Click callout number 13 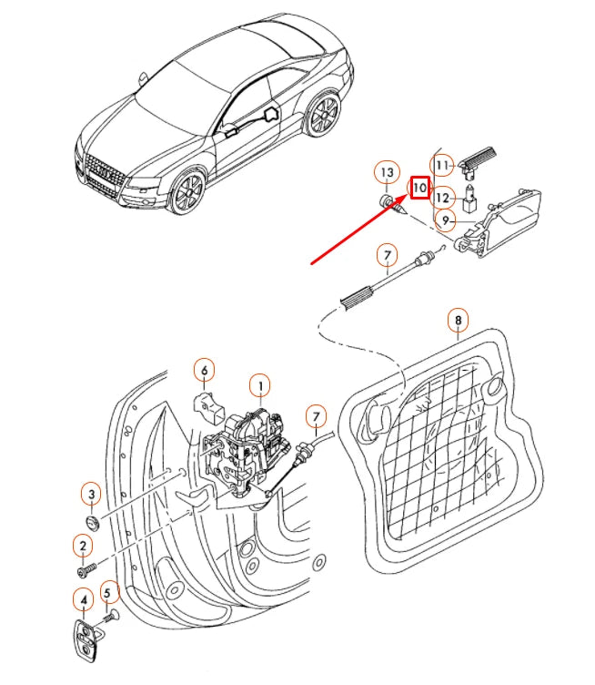[x=387, y=172]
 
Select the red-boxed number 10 [x=420, y=188]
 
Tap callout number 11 [x=442, y=166]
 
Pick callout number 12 [x=443, y=198]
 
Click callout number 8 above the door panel [x=458, y=321]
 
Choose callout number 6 [x=204, y=371]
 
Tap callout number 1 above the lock [x=260, y=385]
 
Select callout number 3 [x=92, y=494]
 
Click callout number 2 [x=83, y=546]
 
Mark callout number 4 [x=84, y=599]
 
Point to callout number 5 [x=107, y=593]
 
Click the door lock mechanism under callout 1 [x=245, y=455]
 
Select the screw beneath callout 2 [x=86, y=569]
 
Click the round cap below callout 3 [x=93, y=523]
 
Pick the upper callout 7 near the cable [x=388, y=256]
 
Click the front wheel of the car [x=188, y=191]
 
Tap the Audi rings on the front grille [x=105, y=171]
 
